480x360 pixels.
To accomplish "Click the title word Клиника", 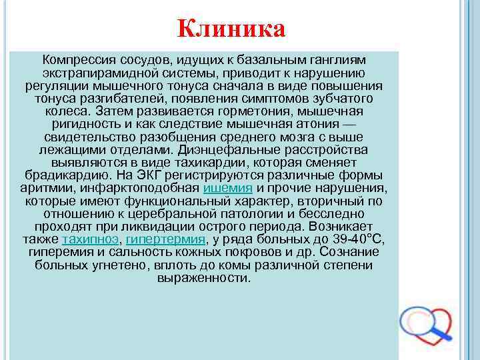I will (231, 29).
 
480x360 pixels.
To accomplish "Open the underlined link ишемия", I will (228, 188).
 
